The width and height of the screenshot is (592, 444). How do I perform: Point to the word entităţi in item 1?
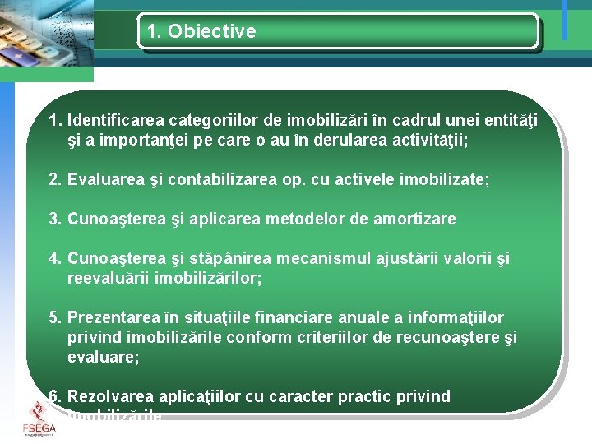(508, 122)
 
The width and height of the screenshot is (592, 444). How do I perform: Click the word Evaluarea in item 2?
(105, 179)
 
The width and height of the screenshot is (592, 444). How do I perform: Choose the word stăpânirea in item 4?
(234, 259)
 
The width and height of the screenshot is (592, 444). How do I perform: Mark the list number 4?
(54, 259)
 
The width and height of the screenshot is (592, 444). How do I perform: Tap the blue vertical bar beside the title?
(565, 20)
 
